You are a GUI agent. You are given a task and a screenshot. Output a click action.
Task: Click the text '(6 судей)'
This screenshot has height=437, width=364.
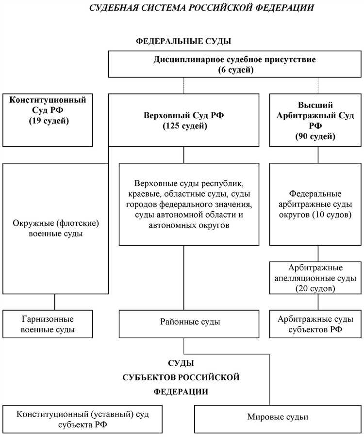pyautogui.click(x=235, y=70)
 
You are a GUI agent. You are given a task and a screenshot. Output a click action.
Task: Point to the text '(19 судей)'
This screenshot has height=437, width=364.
pyautogui.click(x=48, y=120)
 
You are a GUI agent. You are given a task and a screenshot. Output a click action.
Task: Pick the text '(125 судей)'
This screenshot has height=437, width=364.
pyautogui.click(x=183, y=126)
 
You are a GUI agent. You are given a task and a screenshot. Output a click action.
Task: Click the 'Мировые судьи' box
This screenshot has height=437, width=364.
pyautogui.click(x=278, y=417)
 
